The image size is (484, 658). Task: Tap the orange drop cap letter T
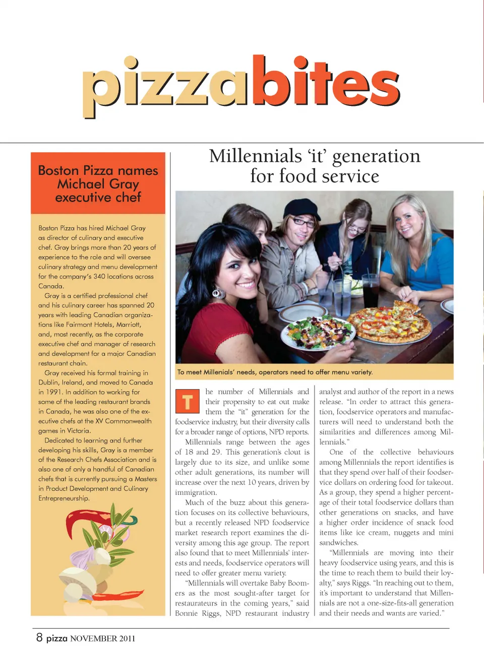[x=187, y=402]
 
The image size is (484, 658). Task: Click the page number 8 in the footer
[x=39, y=637]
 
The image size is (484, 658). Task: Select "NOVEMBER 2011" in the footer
[x=102, y=638]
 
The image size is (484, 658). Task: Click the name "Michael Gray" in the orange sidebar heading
[x=98, y=184]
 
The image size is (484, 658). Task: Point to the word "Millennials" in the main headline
[x=256, y=156]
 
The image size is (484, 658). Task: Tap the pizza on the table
[x=389, y=323]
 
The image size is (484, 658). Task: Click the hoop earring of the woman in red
[x=218, y=292]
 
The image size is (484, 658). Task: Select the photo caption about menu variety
[x=275, y=372]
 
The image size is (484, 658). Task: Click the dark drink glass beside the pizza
[x=371, y=291]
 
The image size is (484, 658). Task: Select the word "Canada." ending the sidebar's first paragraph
[x=51, y=286]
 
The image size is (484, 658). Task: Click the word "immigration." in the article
[x=196, y=492]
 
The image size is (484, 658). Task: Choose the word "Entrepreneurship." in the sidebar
[x=64, y=499]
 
